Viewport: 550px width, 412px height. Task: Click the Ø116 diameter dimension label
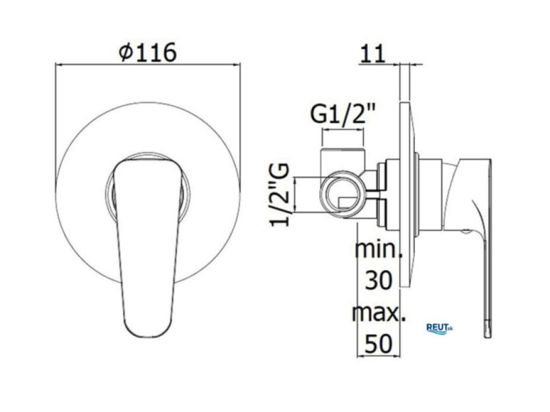click(147, 53)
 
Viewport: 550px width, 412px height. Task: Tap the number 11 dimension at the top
click(372, 54)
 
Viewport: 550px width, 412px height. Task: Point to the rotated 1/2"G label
click(279, 195)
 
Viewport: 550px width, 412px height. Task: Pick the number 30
click(378, 280)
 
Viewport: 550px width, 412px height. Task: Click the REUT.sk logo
click(439, 328)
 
